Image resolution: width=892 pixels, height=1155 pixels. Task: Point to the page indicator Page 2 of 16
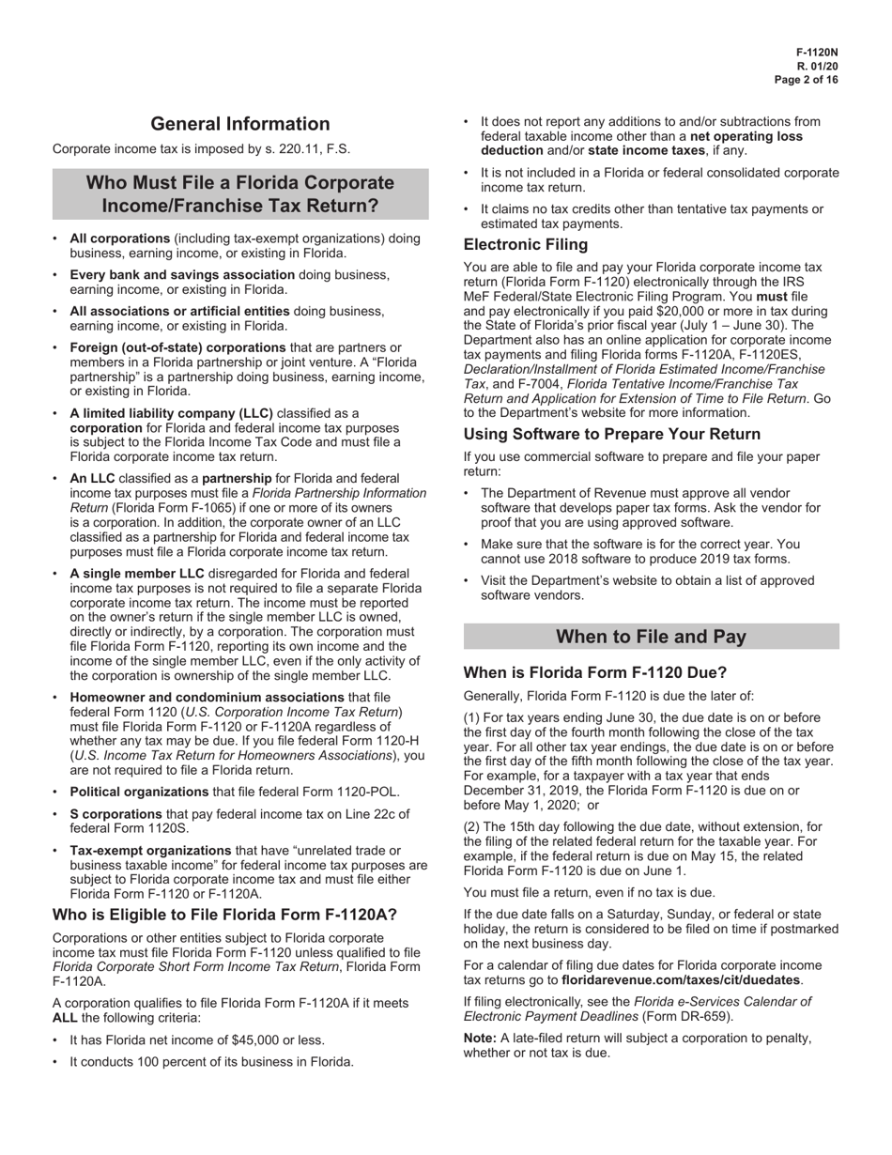[807, 81]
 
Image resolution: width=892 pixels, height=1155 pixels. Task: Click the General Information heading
[240, 124]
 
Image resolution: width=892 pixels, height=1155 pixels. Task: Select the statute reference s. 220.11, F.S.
[311, 149]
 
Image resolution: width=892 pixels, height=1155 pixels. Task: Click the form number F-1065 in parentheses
[185, 508]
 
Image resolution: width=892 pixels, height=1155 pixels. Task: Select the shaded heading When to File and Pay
[652, 637]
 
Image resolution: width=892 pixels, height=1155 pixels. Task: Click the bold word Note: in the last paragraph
[480, 1038]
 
